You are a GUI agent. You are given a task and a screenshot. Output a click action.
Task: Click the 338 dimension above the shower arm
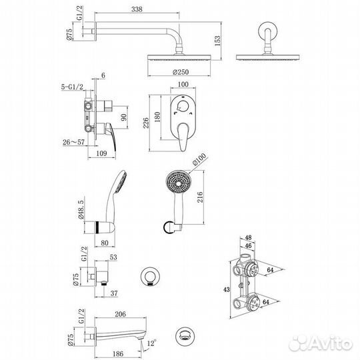coord(137,9)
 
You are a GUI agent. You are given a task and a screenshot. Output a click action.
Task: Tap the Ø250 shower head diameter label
coord(181,72)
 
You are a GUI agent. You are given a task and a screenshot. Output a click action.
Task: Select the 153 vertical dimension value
coord(217,41)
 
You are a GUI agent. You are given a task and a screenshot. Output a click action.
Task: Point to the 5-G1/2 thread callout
coord(72,87)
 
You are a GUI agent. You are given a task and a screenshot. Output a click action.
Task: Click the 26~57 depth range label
coord(73,142)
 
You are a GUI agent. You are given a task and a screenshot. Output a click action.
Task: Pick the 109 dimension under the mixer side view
coord(101,153)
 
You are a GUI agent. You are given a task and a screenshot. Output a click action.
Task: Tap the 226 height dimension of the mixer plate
coord(146,123)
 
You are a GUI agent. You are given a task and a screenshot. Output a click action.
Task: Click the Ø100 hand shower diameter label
coord(199,159)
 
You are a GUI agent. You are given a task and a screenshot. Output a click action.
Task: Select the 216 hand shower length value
coord(200,197)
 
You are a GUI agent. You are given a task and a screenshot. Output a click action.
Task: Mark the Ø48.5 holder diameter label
coord(81,209)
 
